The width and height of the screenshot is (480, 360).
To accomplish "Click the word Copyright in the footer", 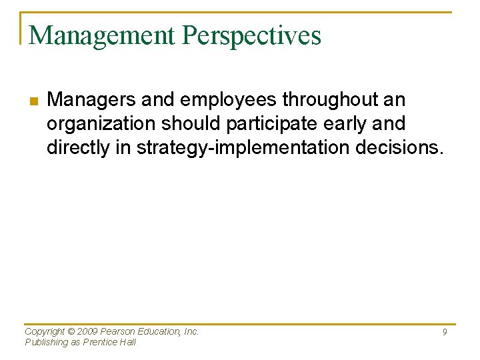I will (x=45, y=331).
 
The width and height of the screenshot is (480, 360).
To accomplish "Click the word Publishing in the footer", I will (x=46, y=342).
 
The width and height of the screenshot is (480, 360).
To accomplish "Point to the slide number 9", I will (x=444, y=332).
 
